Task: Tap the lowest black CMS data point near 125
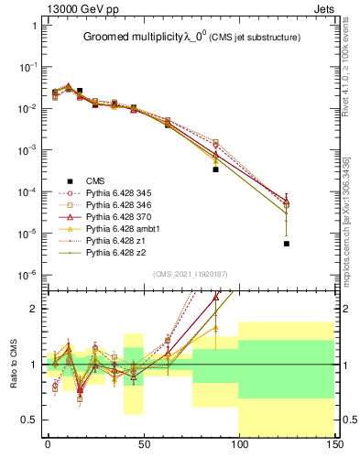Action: pos(287,244)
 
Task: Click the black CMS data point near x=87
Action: pos(215,169)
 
